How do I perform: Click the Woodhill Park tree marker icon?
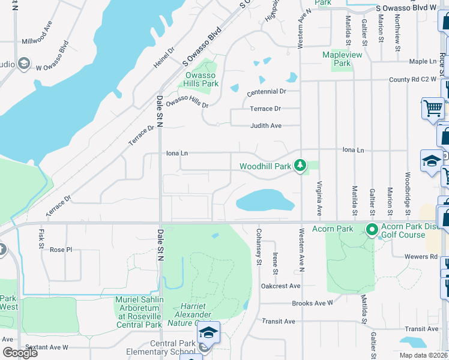point(300,165)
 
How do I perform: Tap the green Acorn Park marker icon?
point(372,229)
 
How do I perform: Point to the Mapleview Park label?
point(342,59)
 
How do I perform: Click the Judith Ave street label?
point(266,126)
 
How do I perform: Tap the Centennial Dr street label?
point(266,92)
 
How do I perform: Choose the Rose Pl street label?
point(61,250)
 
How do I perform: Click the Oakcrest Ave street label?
point(280,286)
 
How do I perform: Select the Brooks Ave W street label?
point(312,303)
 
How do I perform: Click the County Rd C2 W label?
point(412,79)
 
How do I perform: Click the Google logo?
point(20,353)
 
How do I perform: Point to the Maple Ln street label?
point(423,61)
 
